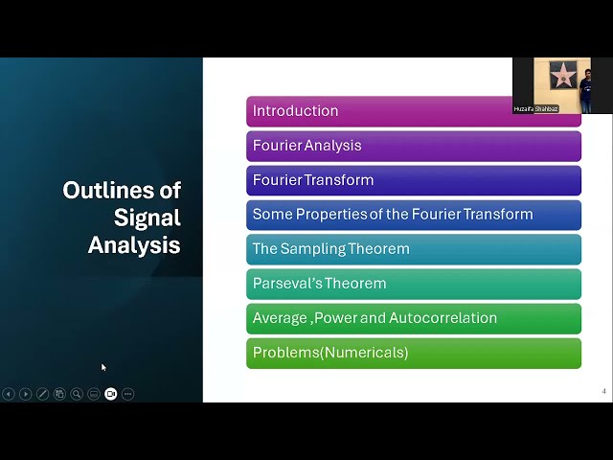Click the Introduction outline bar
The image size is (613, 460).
point(383,111)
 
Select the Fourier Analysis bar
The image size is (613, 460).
point(413,146)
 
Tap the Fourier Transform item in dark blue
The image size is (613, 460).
point(413,180)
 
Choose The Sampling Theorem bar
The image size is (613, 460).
point(413,249)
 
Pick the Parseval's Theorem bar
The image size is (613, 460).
point(413,284)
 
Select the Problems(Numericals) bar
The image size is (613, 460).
point(413,353)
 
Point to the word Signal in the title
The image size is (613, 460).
point(147,218)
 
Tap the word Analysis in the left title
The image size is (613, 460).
point(134,245)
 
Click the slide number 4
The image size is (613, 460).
point(603,391)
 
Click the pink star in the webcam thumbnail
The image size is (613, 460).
point(563,75)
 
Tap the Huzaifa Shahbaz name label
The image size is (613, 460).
point(535,109)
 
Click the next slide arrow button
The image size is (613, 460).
point(26,394)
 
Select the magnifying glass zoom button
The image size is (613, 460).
point(77,394)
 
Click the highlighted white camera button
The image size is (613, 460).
point(110,394)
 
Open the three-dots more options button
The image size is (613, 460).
point(127,394)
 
